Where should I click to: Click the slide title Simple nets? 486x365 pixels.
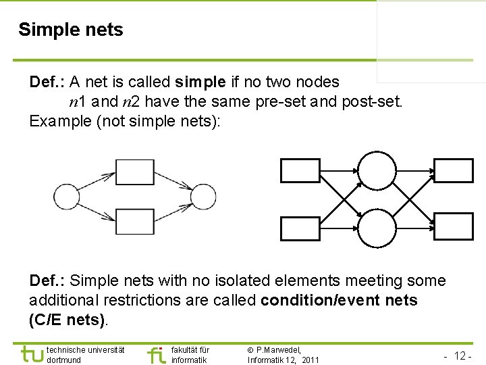click(x=71, y=30)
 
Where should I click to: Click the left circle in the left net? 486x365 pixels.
click(x=67, y=197)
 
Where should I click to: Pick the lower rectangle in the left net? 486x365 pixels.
click(x=135, y=221)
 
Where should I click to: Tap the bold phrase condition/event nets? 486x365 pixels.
click(x=339, y=300)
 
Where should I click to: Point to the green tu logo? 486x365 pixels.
click(x=31, y=354)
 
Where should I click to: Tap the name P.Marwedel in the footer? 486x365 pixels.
click(x=279, y=349)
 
